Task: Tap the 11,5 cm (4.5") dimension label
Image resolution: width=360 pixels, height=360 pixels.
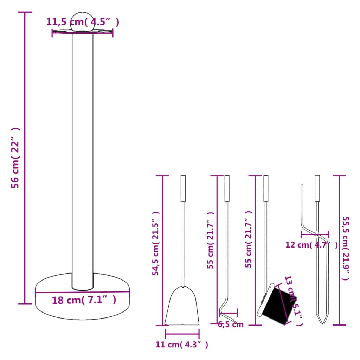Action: (83, 22)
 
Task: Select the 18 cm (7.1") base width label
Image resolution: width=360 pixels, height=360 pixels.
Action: (84, 300)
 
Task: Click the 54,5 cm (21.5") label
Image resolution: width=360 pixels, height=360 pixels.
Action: (156, 243)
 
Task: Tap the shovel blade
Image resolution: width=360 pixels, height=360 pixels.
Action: (182, 308)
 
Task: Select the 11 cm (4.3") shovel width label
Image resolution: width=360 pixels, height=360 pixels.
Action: (182, 345)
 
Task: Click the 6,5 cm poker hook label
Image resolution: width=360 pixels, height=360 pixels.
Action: (231, 324)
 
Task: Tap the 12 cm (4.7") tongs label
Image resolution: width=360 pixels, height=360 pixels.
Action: (311, 245)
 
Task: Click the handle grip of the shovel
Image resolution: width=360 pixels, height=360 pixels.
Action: (183, 188)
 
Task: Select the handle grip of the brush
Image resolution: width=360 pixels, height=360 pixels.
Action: (266, 188)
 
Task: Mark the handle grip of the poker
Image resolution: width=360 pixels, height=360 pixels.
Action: (227, 188)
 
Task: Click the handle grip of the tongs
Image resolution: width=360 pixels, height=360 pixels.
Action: (317, 188)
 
